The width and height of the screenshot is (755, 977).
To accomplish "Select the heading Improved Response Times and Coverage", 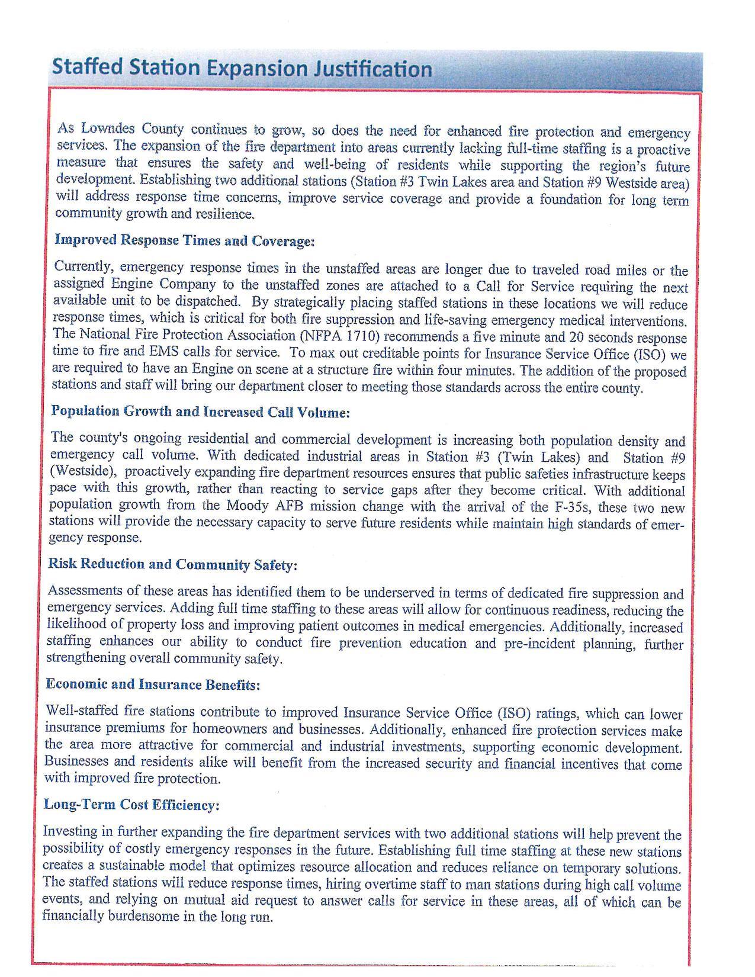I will coord(184,240).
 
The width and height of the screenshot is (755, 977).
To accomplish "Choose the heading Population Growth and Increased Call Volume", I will coord(200,412).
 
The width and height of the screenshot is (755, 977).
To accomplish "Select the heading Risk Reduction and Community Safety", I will coord(172,564).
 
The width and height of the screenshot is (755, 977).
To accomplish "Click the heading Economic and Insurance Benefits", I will coord(153,684).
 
